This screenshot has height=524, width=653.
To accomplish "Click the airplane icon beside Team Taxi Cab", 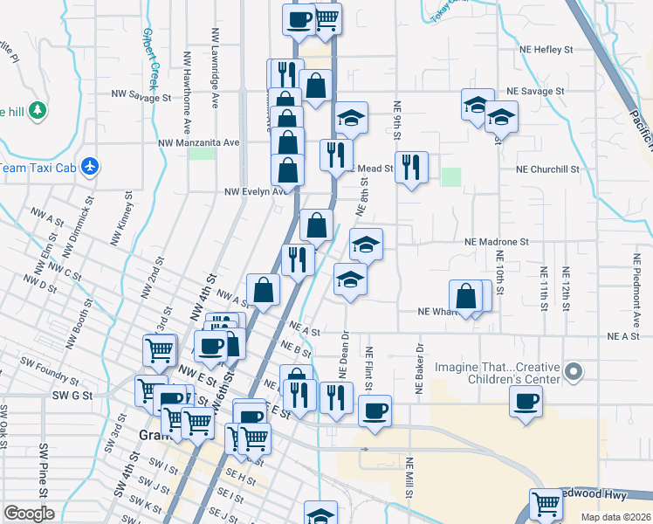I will click(90, 166).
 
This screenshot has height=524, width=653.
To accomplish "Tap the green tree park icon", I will click(37, 111).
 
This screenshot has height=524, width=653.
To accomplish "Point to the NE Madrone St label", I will click(497, 240).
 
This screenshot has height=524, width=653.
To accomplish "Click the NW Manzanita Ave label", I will click(198, 142).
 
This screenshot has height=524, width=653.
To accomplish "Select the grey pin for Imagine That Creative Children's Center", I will click(574, 373).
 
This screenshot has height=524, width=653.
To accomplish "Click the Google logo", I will click(29, 513).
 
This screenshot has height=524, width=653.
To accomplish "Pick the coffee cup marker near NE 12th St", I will click(526, 403).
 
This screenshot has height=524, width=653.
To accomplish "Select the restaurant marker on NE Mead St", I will click(411, 166).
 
